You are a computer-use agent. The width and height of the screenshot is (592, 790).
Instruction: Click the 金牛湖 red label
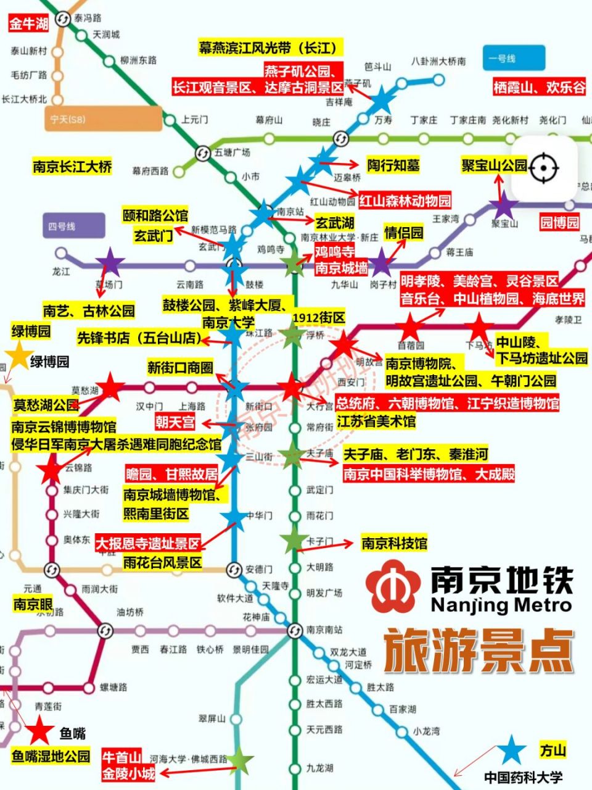[29, 24]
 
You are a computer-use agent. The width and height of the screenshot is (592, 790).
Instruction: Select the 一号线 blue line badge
[514, 59]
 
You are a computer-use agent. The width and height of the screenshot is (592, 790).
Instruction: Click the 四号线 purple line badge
[73, 227]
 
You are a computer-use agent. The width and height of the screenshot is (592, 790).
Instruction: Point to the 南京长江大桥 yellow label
[73, 166]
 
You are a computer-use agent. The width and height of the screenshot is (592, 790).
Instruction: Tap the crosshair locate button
[543, 167]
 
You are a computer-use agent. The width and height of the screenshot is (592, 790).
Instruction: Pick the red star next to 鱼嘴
[39, 730]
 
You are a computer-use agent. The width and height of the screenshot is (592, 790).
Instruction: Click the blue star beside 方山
[512, 750]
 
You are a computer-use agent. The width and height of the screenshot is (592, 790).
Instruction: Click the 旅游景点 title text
[479, 651]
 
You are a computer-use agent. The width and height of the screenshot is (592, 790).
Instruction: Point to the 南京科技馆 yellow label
[394, 543]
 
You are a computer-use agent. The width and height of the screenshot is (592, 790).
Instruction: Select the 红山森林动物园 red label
[405, 201]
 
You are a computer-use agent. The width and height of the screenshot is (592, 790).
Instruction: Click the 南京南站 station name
[324, 630]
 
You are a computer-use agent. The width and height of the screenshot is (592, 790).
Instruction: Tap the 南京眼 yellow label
[33, 604]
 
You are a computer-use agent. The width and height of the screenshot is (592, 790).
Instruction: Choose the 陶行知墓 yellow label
[393, 165]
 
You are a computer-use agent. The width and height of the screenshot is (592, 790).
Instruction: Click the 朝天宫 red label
[175, 422]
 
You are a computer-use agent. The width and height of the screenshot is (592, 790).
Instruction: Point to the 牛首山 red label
[122, 757]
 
